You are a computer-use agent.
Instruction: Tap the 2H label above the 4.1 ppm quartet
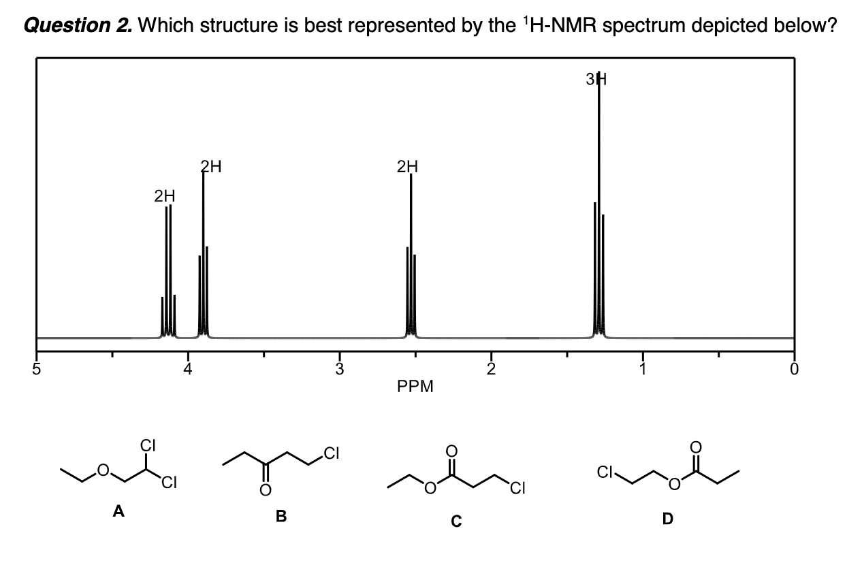tap(164, 196)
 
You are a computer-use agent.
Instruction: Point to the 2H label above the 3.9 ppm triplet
tap(210, 165)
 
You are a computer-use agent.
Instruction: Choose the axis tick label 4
tap(189, 370)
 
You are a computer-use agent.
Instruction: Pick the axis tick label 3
tap(340, 370)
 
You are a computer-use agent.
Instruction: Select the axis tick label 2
tap(491, 370)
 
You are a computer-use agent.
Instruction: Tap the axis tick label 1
tap(642, 370)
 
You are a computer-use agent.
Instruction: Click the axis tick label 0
tap(793, 370)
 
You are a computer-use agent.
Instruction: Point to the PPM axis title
tap(415, 387)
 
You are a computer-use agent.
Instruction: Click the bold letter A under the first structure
tap(118, 512)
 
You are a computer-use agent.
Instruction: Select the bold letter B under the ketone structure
tap(281, 517)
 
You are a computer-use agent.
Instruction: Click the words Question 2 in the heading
tap(77, 26)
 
